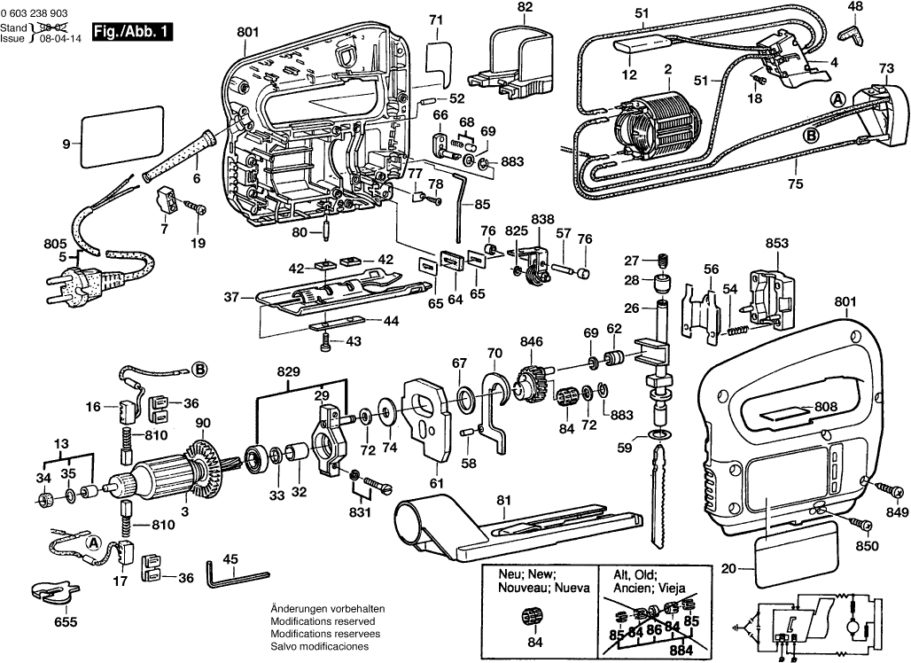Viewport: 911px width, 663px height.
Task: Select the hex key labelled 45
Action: tap(233, 575)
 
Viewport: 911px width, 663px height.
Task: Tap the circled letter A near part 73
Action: tap(835, 98)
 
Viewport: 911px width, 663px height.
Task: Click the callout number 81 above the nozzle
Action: tap(503, 500)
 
